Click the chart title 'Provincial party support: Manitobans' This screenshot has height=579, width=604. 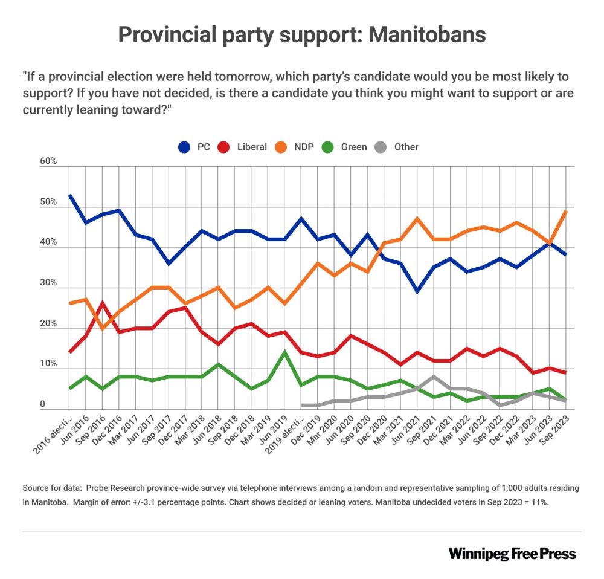pos(301,34)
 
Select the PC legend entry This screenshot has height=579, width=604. pos(195,147)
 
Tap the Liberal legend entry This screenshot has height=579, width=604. pos(243,147)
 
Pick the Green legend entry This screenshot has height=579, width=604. pos(346,147)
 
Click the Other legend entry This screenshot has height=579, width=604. pos(398,147)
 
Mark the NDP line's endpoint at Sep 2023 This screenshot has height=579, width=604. pos(565,211)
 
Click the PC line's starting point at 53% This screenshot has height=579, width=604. pos(70,195)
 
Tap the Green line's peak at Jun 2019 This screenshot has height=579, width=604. pos(284,352)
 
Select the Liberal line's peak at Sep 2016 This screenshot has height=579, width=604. pos(103,303)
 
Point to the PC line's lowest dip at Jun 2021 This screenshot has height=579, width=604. pos(416,292)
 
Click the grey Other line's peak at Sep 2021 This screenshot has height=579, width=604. pos(433,377)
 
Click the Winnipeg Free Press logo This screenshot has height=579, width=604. pos(512,554)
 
